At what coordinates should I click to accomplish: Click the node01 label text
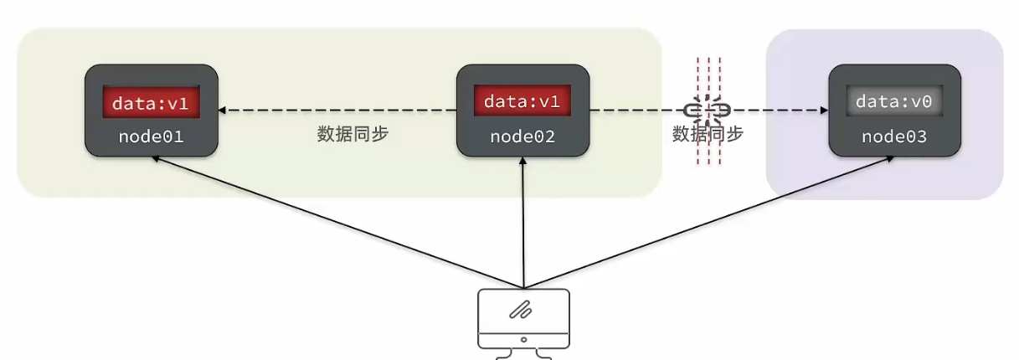pyautogui.click(x=152, y=136)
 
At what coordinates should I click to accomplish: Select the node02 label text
pyautogui.click(x=522, y=136)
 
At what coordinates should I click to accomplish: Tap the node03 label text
pyautogui.click(x=894, y=136)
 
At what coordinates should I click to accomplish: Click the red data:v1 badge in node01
pyautogui.click(x=152, y=102)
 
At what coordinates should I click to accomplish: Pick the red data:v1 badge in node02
pyautogui.click(x=522, y=101)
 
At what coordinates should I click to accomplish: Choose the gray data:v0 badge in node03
pyautogui.click(x=894, y=101)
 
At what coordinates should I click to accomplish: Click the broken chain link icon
pyautogui.click(x=708, y=110)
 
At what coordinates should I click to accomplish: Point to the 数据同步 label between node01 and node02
pyautogui.click(x=353, y=134)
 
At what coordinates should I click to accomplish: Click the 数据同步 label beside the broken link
pyautogui.click(x=708, y=134)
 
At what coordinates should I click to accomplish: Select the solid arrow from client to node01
pyautogui.click(x=335, y=221)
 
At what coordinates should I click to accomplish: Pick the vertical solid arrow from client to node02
pyautogui.click(x=523, y=226)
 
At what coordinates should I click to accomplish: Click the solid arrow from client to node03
pyautogui.click(x=712, y=221)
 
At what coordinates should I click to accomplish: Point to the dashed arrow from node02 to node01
pyautogui.click(x=335, y=110)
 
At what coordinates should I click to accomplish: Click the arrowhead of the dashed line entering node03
pyautogui.click(x=822, y=110)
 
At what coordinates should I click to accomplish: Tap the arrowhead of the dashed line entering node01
pyautogui.click(x=224, y=110)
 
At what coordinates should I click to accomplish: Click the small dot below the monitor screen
pyautogui.click(x=523, y=339)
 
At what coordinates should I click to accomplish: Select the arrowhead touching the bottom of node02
pyautogui.click(x=523, y=162)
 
